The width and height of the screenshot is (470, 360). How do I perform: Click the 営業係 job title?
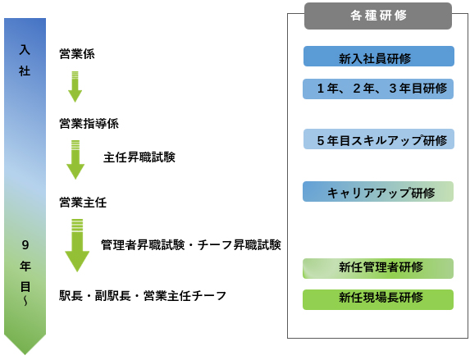tap(77, 54)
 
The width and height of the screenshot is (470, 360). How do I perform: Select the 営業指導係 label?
tap(89, 124)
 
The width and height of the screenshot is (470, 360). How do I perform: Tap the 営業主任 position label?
tap(83, 203)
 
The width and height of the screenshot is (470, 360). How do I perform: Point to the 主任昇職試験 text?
tap(139, 157)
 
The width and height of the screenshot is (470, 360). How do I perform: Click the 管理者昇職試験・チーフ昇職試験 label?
tap(191, 245)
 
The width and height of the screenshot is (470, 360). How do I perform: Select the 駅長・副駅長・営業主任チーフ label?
tap(143, 296)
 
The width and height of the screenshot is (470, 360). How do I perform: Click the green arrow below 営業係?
tap(75, 87)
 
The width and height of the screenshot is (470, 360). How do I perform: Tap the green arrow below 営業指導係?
tap(75, 160)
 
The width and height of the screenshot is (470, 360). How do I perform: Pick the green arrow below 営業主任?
tap(77, 245)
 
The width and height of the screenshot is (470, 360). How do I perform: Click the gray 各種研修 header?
tap(378, 16)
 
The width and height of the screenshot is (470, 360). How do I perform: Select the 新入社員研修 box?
tap(379, 57)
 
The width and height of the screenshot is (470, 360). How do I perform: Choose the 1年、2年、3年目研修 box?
tap(378, 89)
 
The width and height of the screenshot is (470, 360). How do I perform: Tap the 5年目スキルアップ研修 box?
tap(379, 139)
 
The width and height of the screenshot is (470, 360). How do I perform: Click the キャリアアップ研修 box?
tap(378, 192)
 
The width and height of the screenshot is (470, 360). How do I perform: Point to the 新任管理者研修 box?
tap(378, 269)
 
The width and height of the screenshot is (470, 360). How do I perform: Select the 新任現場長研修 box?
tap(378, 300)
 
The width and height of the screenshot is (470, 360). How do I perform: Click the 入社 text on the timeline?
tap(25, 61)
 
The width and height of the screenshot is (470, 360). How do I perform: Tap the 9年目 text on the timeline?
tap(25, 267)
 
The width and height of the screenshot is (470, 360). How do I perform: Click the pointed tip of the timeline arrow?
tap(25, 355)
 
